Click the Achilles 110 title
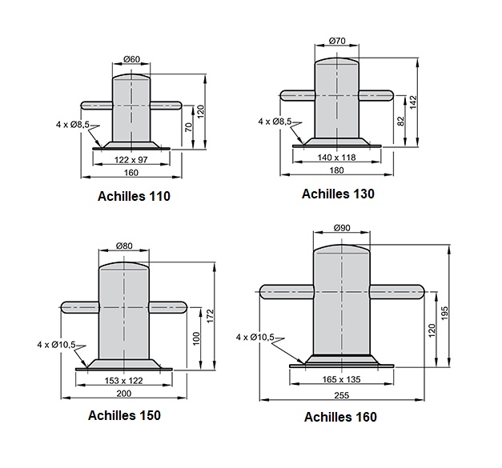(x=134, y=196)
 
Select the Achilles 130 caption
(x=338, y=194)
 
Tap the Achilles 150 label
(x=124, y=415)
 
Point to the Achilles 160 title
(x=340, y=417)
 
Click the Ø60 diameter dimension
(x=131, y=59)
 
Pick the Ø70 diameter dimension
(x=337, y=41)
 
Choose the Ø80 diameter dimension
(x=124, y=246)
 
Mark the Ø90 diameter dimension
(x=342, y=228)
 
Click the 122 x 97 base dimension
(x=131, y=160)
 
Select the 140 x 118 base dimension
(x=336, y=158)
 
